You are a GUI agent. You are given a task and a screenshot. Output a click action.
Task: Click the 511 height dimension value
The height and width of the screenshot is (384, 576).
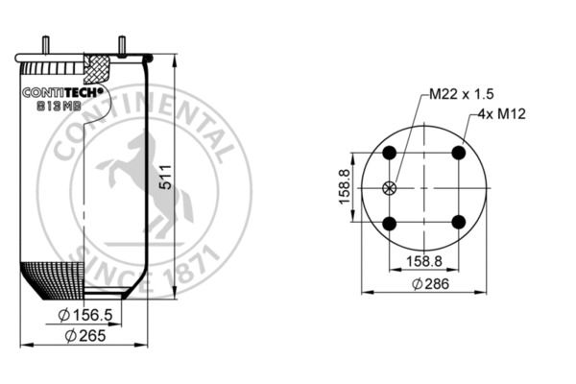coord(166,177)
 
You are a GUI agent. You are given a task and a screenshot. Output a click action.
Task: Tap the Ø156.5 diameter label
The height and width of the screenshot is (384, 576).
coord(85,315)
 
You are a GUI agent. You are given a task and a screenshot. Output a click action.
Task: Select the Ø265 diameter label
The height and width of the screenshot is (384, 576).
coord(85,335)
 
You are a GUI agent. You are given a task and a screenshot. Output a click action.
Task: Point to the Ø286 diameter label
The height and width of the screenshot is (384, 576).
coord(430,284)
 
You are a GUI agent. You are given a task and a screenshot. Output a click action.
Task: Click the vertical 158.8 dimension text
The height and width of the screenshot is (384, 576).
coord(345,186)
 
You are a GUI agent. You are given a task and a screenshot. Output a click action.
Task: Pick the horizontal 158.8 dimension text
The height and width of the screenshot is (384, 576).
coord(424,261)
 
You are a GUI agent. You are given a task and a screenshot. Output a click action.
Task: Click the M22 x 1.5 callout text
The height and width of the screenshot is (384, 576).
coord(462,94)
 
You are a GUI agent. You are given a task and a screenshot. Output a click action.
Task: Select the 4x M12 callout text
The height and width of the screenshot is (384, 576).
coord(502,114)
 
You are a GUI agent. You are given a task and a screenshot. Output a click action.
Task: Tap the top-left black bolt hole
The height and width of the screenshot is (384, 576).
coord(390,153)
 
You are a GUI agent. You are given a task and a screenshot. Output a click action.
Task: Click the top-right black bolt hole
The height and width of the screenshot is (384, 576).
coord(459,153)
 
